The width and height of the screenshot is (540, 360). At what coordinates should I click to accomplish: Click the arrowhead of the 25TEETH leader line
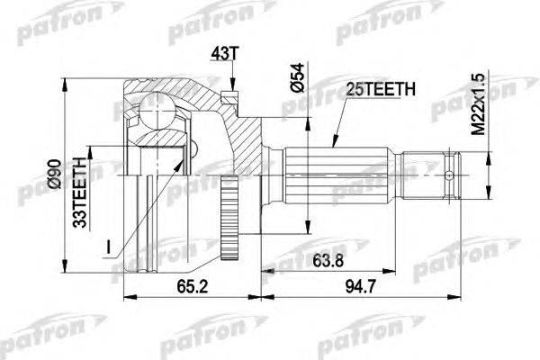(x=330, y=145)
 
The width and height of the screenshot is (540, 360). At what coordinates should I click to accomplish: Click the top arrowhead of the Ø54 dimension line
(x=309, y=114)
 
